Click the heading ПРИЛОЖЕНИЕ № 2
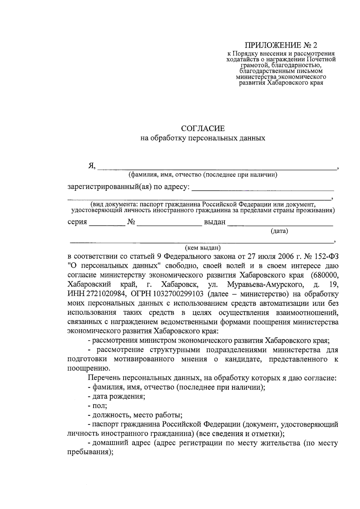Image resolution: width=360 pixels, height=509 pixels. pyautogui.click(x=281, y=45)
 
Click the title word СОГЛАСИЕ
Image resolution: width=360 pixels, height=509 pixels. pyautogui.click(x=203, y=129)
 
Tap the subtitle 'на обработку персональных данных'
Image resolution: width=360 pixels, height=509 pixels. pyautogui.click(x=203, y=138)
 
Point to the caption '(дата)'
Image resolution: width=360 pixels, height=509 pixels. pyautogui.click(x=279, y=231)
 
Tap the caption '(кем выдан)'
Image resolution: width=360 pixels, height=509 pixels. pyautogui.click(x=203, y=248)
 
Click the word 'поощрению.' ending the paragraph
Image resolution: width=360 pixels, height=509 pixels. pyautogui.click(x=89, y=369)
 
